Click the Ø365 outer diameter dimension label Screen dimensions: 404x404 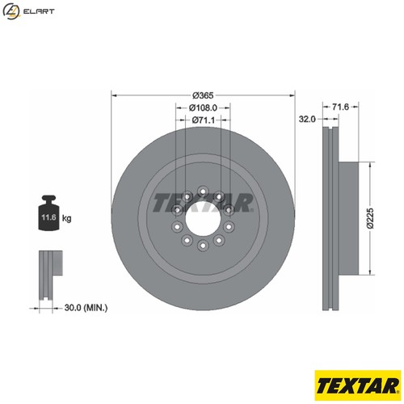pyautogui.click(x=203, y=95)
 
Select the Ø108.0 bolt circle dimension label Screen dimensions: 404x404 pyautogui.click(x=203, y=107)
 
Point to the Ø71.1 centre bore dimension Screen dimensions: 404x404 pyautogui.click(x=203, y=120)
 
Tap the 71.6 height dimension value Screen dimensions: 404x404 pyautogui.click(x=340, y=107)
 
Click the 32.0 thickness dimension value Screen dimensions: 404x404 pyautogui.click(x=306, y=119)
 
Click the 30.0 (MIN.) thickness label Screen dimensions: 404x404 pyautogui.click(x=86, y=308)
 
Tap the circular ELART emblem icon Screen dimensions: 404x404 pyautogui.click(x=11, y=11)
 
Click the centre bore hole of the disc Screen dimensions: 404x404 pyautogui.click(x=202, y=218)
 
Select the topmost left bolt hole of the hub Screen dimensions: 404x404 pyautogui.click(x=187, y=196)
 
